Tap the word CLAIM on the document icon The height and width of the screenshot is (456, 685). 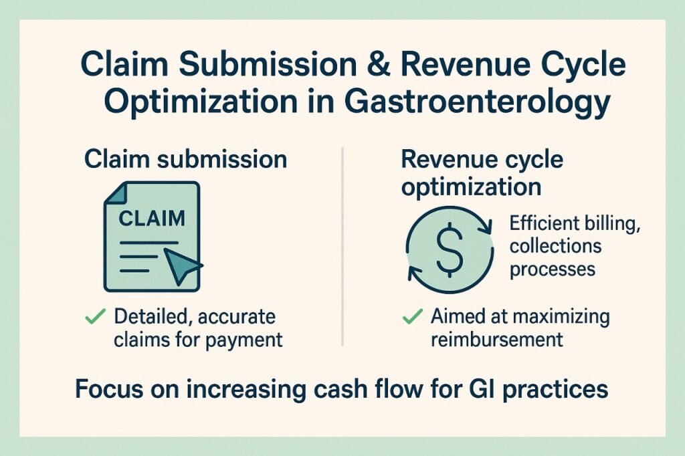pyautogui.click(x=151, y=219)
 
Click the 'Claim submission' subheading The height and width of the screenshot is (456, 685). pyautogui.click(x=185, y=160)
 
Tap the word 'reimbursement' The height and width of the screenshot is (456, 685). pyautogui.click(x=496, y=339)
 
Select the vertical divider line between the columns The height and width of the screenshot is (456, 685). pyautogui.click(x=342, y=247)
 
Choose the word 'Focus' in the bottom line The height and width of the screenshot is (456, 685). pyautogui.click(x=106, y=389)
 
